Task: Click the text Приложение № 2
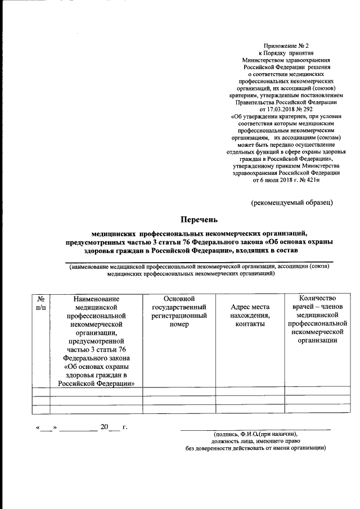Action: pyautogui.click(x=287, y=44)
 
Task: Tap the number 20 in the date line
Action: pyautogui.click(x=104, y=428)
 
